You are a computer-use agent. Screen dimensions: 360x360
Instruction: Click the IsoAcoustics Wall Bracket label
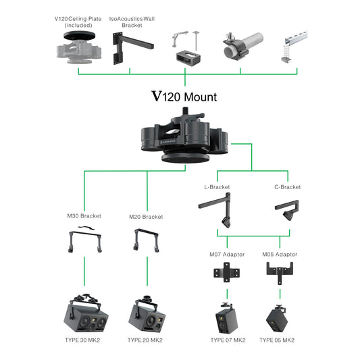coord(133,22)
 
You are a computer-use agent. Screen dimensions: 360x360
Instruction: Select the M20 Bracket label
coord(146,217)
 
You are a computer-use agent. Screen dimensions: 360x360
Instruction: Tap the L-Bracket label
coord(217,186)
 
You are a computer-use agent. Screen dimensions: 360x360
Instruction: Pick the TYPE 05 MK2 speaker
coord(279,317)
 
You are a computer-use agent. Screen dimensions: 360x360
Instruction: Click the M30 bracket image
coord(84,240)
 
